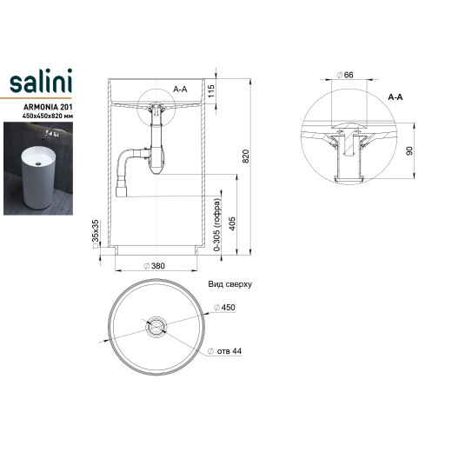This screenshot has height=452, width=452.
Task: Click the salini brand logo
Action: tap(41, 81)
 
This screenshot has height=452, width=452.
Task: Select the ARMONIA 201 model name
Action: tap(48, 107)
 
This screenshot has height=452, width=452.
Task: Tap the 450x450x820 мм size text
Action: tap(48, 116)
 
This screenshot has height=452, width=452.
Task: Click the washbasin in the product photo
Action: tap(38, 177)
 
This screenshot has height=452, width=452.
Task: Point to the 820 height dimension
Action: tap(245, 156)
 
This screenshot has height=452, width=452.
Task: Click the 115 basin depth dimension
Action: tap(211, 91)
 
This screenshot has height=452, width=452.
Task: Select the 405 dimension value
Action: tap(232, 223)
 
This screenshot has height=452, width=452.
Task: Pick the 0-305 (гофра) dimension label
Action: tap(216, 224)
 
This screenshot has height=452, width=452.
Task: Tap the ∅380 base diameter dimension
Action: tap(155, 266)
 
